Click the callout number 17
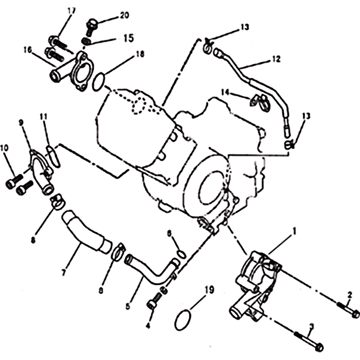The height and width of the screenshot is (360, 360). pos(72,11)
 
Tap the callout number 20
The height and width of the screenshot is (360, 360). pos(125,15)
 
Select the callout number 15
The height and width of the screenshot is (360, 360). pos(129,38)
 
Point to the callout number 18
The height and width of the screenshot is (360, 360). pos(140,54)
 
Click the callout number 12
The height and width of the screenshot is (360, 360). pos(276,59)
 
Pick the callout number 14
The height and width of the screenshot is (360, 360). pos(225,92)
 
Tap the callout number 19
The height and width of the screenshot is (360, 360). pos(209,290)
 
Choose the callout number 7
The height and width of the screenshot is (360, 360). pos(63,273)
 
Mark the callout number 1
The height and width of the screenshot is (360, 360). pos(294,231)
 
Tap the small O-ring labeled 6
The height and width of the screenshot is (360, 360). pos(181,254)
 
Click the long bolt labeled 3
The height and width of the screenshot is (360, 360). pos(308,342)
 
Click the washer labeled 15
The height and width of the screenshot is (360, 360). pos(86,41)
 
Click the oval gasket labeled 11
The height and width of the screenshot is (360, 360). pos(54,157)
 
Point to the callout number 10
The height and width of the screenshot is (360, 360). pos(4,148)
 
